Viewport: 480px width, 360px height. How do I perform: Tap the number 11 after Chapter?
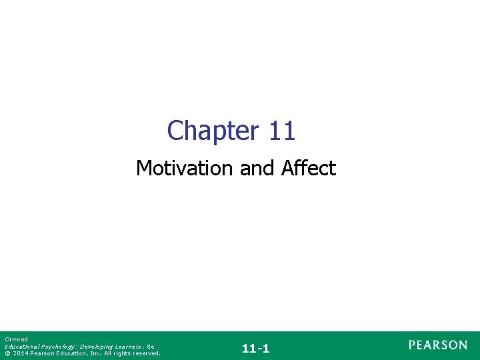click(x=282, y=131)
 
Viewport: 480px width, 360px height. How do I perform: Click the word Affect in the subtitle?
click(x=308, y=168)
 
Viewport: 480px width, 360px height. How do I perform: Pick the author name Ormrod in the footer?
click(x=14, y=339)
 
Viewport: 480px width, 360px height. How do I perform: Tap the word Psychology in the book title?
click(x=56, y=347)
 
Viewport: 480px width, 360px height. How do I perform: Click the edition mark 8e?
click(x=151, y=347)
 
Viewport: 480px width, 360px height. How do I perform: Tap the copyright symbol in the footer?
click(x=7, y=353)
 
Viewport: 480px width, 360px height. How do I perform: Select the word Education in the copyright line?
click(x=71, y=353)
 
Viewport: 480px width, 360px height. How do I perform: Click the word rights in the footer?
click(x=121, y=353)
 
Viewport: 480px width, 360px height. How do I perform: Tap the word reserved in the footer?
click(x=147, y=353)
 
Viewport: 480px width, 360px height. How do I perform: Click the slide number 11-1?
click(x=256, y=348)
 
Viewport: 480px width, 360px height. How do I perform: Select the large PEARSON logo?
click(x=438, y=345)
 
